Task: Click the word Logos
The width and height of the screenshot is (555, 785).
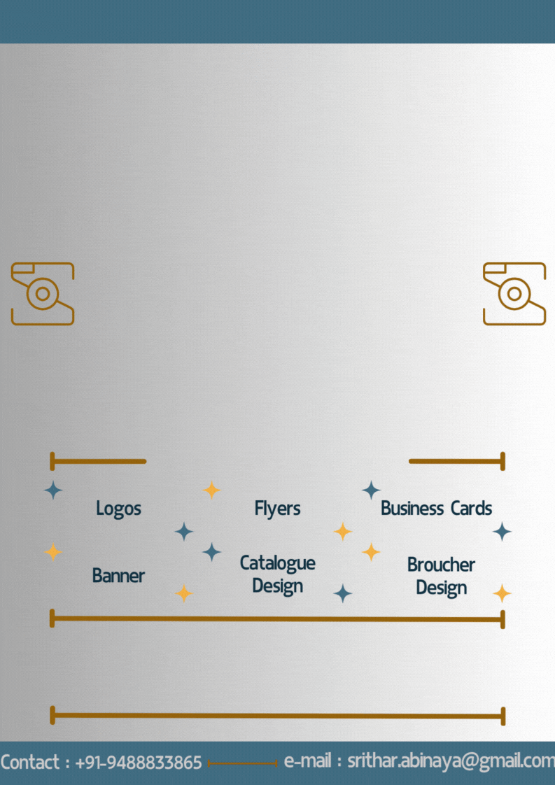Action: pos(118,509)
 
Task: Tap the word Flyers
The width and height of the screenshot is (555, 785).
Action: pos(277,509)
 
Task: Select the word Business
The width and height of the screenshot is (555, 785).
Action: pos(412,508)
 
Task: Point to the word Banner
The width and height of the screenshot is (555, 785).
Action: pos(118,576)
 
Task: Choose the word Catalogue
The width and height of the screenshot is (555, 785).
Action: pos(277,564)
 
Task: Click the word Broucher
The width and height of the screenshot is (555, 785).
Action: pos(441,565)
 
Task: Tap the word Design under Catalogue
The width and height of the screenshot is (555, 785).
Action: pos(277,586)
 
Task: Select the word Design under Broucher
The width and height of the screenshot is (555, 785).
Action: pos(442,588)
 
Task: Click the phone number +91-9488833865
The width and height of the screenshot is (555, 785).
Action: pos(139,763)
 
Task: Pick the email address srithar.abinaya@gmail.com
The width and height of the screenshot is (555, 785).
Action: pos(451,761)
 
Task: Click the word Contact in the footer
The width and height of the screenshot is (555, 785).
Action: pos(30,763)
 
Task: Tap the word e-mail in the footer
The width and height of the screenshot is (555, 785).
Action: pos(307,761)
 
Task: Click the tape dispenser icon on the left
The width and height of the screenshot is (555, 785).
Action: pos(43,294)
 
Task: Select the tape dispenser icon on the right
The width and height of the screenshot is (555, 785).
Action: pos(514,294)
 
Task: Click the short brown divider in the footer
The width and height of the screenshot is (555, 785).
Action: pos(242,763)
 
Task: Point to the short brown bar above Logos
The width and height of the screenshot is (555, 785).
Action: pos(98,461)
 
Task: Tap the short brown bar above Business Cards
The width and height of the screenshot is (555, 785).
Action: pos(457,461)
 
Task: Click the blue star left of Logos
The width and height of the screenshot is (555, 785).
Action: pos(53,490)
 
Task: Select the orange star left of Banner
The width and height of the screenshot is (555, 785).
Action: pos(53,552)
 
